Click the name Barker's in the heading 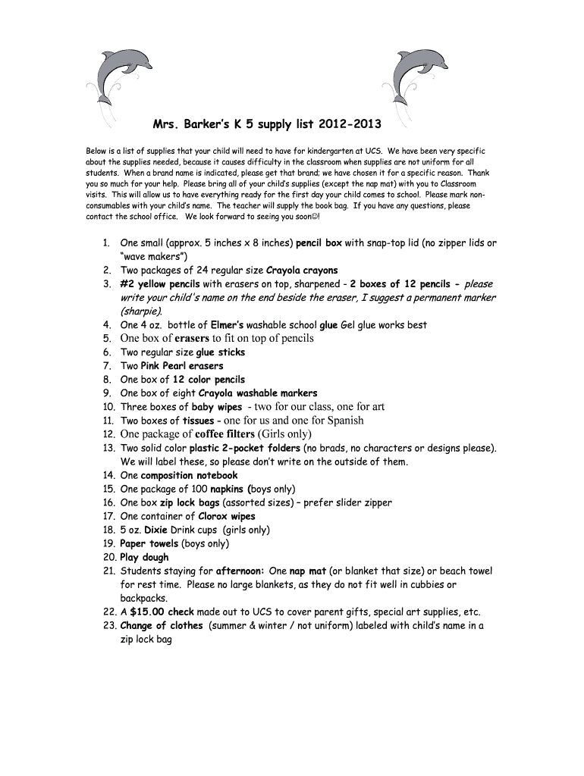216,124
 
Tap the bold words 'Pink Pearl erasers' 182,366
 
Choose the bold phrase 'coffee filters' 225,434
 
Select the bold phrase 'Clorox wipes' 227,516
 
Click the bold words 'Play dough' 144,557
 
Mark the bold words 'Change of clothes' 162,625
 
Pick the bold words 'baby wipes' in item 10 217,407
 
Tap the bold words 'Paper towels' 149,543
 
